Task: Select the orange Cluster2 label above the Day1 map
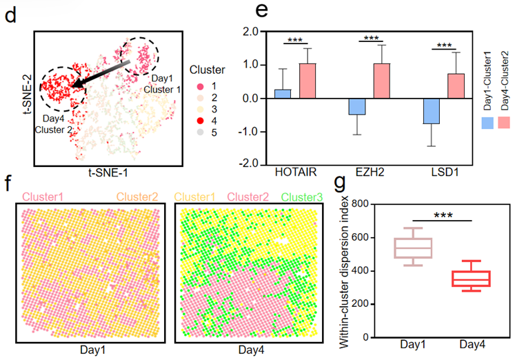[x=138, y=197]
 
